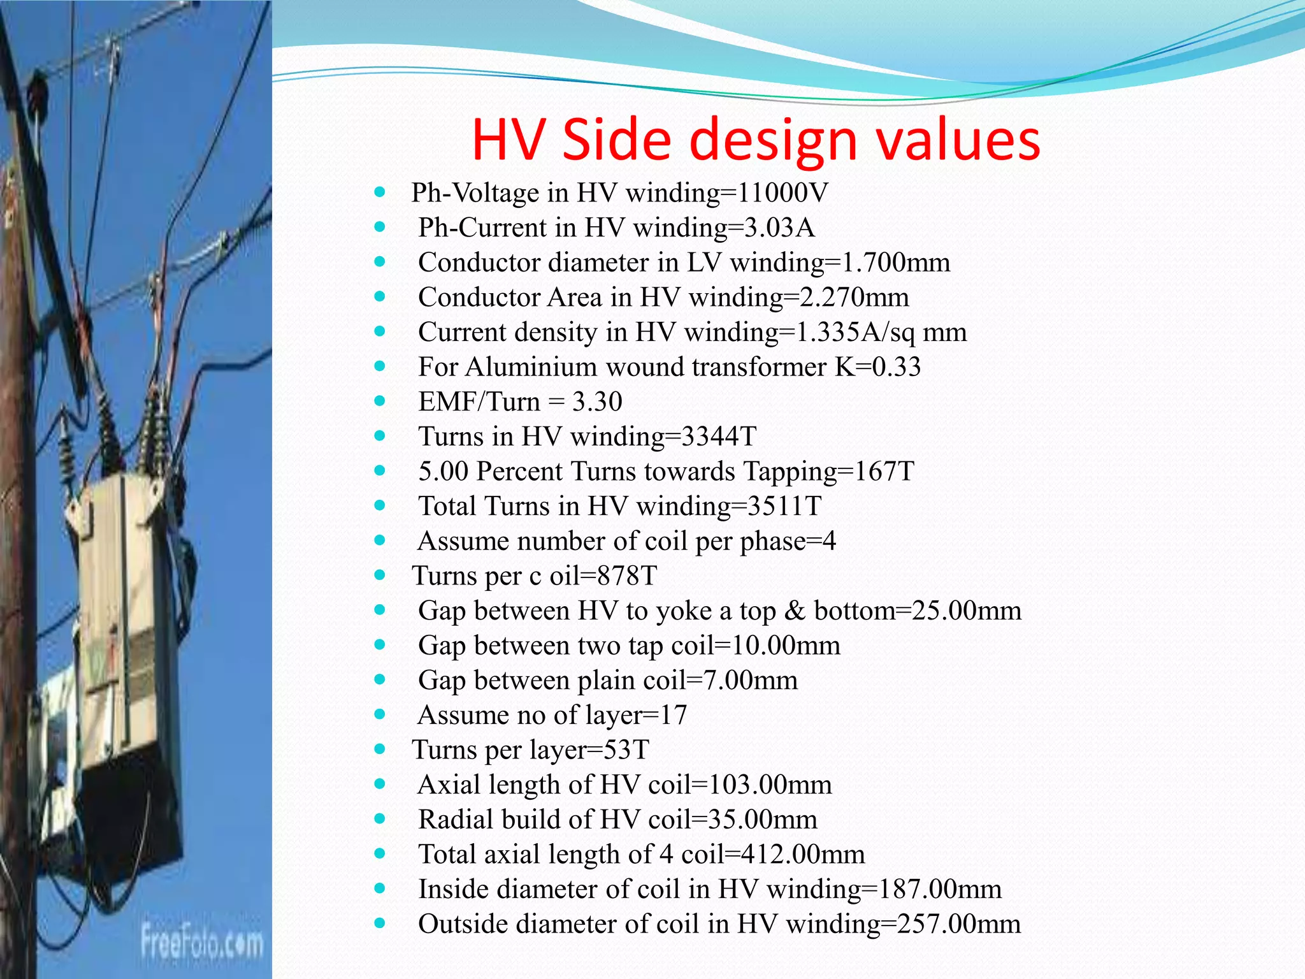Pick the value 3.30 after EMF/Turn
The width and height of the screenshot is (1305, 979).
point(597,402)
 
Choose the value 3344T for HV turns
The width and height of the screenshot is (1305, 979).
point(719,437)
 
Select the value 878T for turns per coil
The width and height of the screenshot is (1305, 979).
point(628,576)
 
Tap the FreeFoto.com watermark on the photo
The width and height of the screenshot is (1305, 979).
point(202,942)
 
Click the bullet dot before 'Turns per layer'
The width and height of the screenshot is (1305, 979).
point(380,749)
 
